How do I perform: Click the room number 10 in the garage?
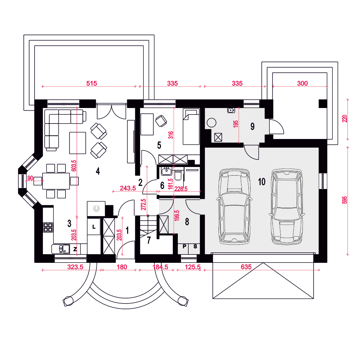point(262,181)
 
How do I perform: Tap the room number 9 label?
point(253,126)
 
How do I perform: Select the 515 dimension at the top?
point(91,84)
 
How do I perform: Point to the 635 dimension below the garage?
point(246,267)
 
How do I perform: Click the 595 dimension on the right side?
point(345,200)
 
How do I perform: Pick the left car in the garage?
point(234,206)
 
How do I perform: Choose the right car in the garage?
point(287,207)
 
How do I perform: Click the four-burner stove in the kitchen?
point(48,227)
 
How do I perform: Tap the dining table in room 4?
point(56,181)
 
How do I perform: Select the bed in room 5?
point(191,126)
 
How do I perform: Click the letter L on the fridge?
point(94,227)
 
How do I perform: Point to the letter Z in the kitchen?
point(75,249)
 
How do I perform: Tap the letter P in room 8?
point(184,247)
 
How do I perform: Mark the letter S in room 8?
point(195,247)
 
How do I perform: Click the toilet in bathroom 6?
point(178,175)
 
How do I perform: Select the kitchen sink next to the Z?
point(60,249)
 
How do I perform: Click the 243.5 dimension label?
point(128,188)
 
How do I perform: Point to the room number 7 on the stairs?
point(149,240)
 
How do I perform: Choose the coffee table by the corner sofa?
point(78,143)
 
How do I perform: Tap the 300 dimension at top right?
point(302,84)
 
